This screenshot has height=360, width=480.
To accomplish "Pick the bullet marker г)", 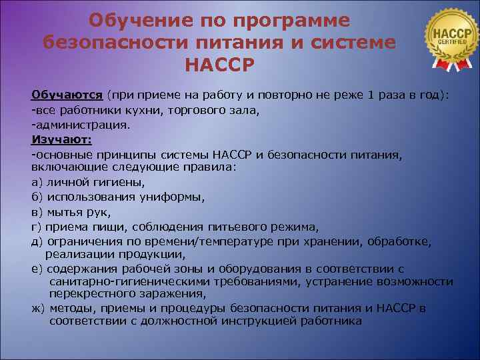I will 37,227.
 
